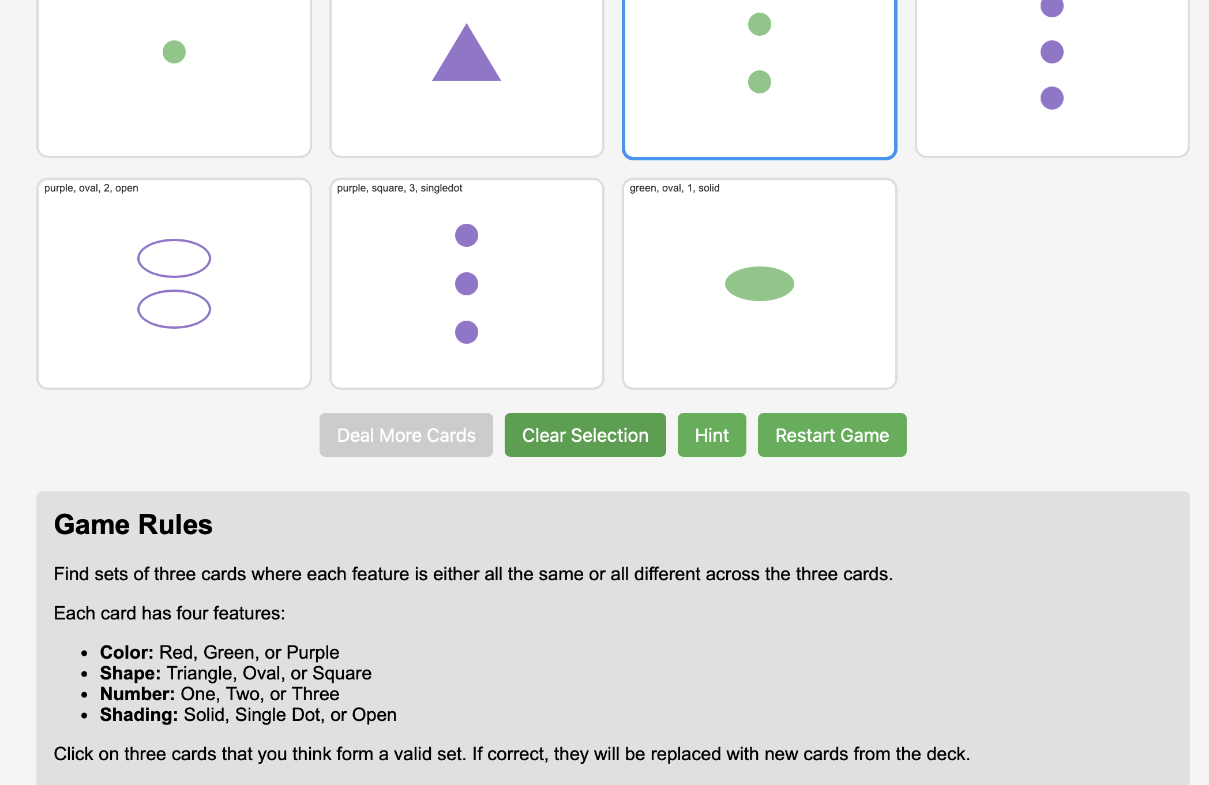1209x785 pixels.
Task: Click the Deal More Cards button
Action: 406,435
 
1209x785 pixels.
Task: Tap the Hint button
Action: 712,435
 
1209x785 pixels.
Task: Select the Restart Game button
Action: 832,435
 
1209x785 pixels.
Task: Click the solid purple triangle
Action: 467,52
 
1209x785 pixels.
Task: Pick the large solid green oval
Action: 760,284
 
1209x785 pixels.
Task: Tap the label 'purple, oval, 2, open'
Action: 91,188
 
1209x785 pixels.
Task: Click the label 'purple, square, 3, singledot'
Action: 400,188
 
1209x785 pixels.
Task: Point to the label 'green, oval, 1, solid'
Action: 675,188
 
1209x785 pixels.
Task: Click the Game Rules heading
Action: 133,525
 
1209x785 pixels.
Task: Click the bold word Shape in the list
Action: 130,673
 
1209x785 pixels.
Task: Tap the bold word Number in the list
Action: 137,694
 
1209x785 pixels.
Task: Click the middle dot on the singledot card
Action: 467,284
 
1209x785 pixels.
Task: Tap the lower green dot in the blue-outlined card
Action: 760,82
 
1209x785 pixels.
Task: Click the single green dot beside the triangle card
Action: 174,52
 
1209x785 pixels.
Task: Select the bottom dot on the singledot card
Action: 467,332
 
